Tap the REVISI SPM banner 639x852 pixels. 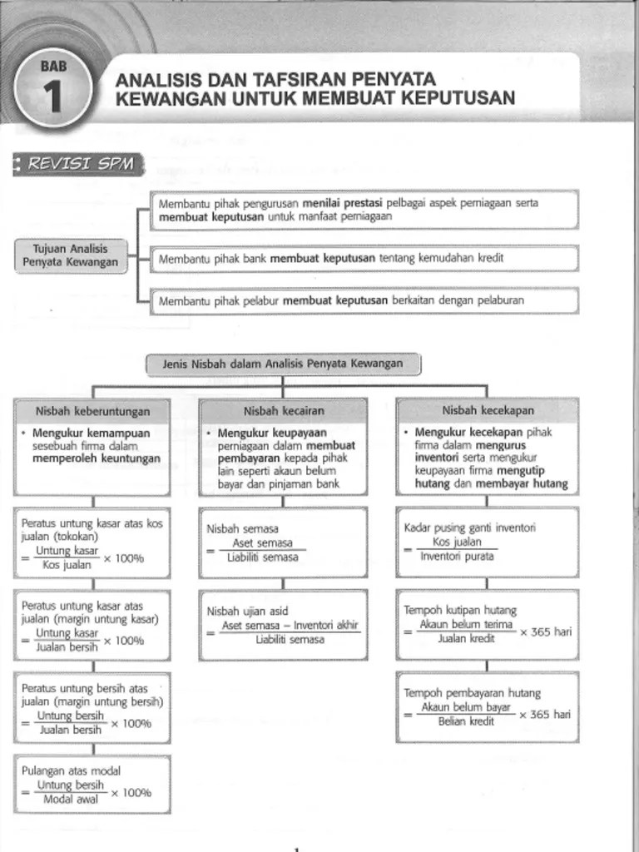[79, 164]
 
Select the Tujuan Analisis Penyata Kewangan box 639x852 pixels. [70, 255]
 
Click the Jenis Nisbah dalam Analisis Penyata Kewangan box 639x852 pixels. [283, 364]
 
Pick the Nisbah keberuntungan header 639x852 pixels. [92, 411]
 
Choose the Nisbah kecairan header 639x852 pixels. [284, 411]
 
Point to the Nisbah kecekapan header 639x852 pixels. [488, 410]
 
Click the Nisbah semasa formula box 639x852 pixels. [283, 542]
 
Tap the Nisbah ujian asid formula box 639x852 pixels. [283, 625]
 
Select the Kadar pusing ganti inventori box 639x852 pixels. [488, 542]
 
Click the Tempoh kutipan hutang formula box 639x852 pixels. [488, 624]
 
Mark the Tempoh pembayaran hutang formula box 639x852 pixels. [488, 706]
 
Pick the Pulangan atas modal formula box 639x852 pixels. [92, 785]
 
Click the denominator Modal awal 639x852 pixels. [71, 800]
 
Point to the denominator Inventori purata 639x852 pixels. [457, 557]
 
